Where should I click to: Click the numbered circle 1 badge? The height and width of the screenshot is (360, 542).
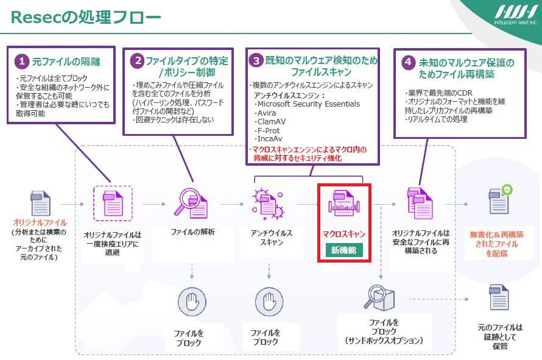23,62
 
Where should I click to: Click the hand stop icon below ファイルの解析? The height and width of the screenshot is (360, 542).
193,303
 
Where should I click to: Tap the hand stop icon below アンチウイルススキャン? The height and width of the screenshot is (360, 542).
268,303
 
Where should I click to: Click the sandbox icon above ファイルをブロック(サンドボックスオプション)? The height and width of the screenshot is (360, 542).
380,297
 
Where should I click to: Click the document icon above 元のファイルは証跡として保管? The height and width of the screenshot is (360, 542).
499,297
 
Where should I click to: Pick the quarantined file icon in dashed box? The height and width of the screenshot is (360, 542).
112,203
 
